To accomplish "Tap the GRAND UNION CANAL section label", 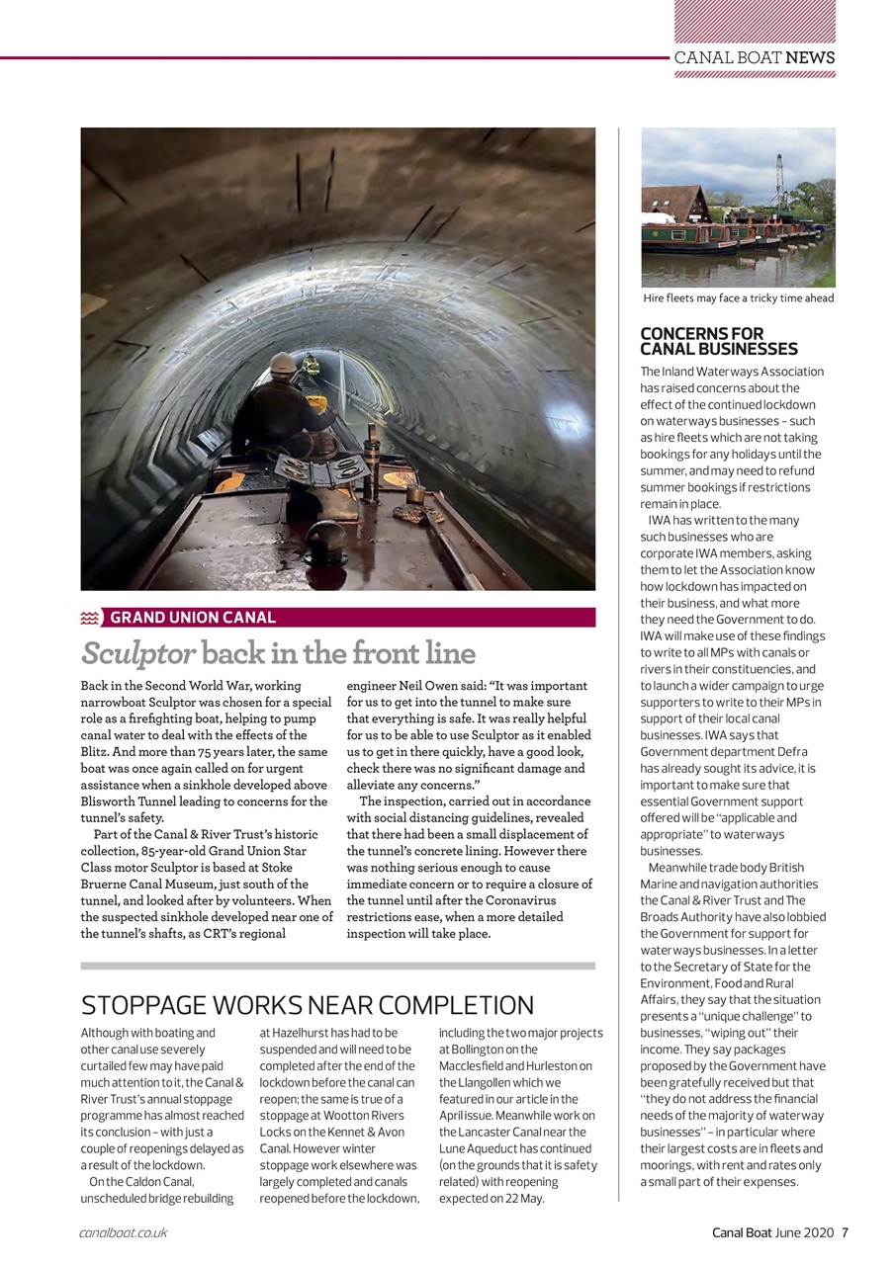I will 192,618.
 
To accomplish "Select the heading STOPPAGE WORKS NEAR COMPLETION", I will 307,1005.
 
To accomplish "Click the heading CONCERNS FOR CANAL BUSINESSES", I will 718,341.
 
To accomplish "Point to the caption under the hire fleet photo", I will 738,297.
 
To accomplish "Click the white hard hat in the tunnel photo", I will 284,363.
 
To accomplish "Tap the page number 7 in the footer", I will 845,1231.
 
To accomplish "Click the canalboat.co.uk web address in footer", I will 124,1232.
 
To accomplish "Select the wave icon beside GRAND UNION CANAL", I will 91,618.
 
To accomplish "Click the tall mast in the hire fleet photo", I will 779,180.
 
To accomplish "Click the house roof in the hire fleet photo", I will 674,203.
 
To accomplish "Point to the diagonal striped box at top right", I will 755,21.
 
